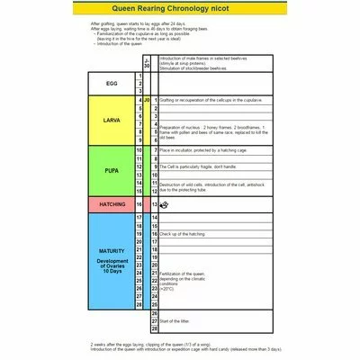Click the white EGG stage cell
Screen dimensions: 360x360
(x=113, y=85)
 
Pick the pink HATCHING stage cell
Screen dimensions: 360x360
(x=113, y=205)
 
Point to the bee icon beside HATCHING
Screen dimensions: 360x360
(x=163, y=205)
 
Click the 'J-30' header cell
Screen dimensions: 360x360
(x=147, y=61)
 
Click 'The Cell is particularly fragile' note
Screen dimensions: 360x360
(x=198, y=167)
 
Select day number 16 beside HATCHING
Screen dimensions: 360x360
(x=140, y=205)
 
